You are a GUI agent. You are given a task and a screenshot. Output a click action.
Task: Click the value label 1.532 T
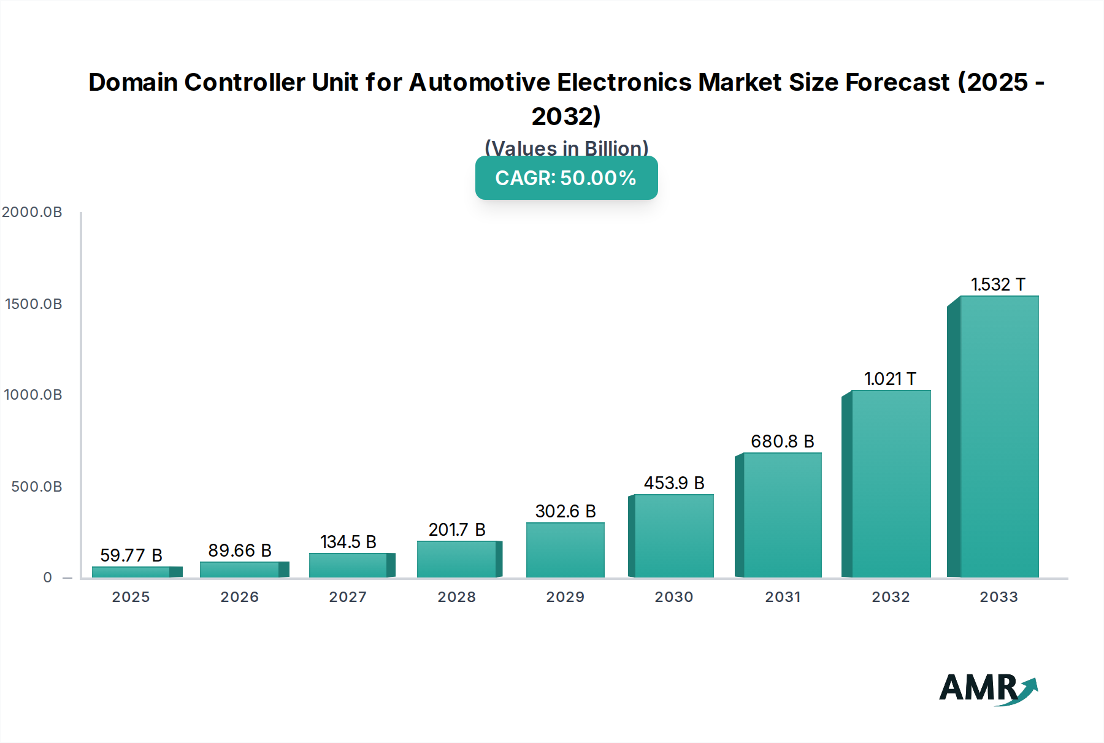998,284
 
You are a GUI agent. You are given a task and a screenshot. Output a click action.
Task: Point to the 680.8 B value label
782,441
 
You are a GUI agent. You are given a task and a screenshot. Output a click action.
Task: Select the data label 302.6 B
565,511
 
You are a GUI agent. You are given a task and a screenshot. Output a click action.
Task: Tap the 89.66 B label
239,551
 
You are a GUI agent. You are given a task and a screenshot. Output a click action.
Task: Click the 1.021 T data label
890,379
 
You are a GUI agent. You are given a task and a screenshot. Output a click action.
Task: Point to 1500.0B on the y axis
33,304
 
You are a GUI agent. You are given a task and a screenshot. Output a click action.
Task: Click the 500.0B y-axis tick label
36,487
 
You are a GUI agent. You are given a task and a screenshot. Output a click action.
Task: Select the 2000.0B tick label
32,212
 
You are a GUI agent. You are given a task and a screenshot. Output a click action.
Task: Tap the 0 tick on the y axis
47,577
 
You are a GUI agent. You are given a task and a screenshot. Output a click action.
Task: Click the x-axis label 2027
348,597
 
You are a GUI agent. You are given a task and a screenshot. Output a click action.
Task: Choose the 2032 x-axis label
891,597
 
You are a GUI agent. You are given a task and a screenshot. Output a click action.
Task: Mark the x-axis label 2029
565,597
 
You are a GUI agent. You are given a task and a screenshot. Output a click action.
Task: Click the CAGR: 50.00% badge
566,178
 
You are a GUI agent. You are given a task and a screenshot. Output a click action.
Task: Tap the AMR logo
987,689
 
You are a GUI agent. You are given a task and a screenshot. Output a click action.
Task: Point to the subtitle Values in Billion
566,148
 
